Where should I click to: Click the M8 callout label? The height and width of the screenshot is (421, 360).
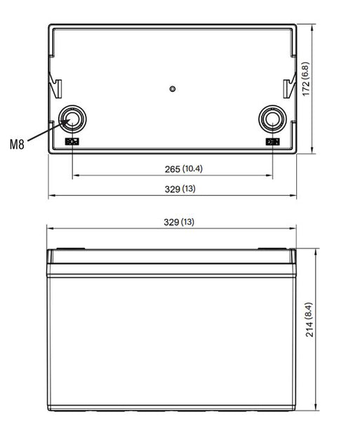[x=17, y=144]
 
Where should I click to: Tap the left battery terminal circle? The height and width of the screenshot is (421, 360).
[x=72, y=119]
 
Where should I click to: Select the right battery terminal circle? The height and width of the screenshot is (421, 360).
[x=272, y=119]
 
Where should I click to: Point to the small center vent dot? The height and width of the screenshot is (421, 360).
[x=173, y=89]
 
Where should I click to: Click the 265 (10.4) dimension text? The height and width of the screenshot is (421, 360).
[x=184, y=169]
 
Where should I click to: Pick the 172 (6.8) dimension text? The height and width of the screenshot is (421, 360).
[x=306, y=79]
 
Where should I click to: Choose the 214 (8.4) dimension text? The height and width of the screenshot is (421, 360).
[x=309, y=319]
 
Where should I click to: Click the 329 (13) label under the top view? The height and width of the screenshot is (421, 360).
[x=180, y=189]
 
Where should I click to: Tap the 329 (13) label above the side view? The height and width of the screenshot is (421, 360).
[x=179, y=222]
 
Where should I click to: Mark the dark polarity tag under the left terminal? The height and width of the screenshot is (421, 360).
[x=72, y=142]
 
